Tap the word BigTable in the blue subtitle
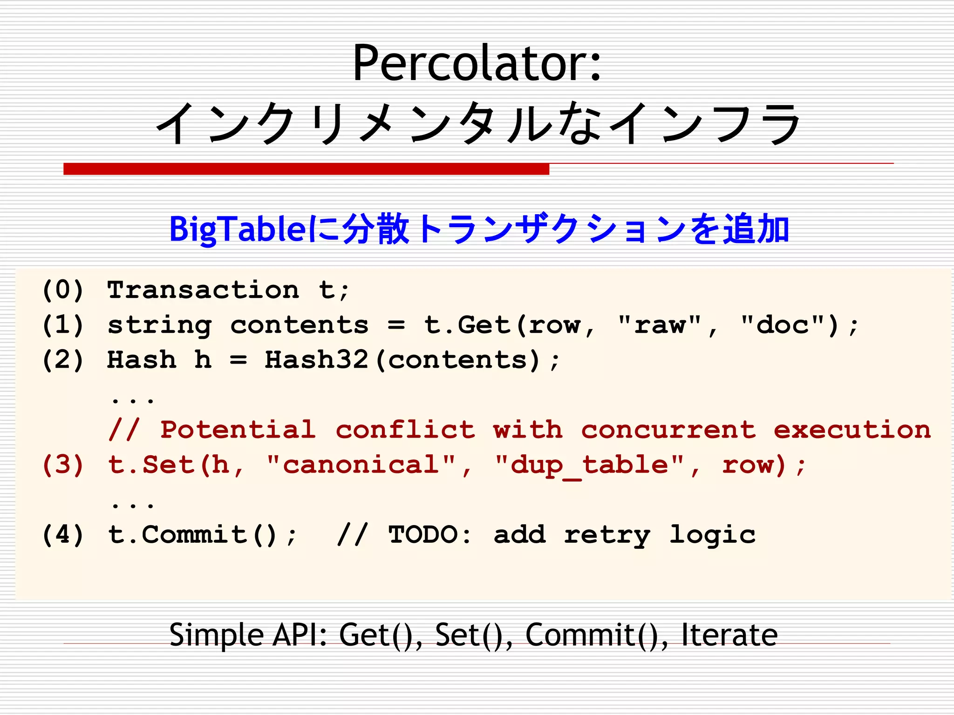tap(238, 229)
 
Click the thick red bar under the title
tap(306, 169)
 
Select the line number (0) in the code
tap(63, 290)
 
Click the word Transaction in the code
tap(203, 290)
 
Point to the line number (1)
tap(63, 325)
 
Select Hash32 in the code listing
tap(316, 360)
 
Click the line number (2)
tap(63, 360)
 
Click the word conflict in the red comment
tap(405, 429)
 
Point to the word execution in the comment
tap(852, 429)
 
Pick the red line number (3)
tap(63, 465)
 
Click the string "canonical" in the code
tap(361, 465)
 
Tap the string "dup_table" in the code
tap(590, 465)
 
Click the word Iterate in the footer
tap(729, 634)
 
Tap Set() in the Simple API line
tap(473, 634)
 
